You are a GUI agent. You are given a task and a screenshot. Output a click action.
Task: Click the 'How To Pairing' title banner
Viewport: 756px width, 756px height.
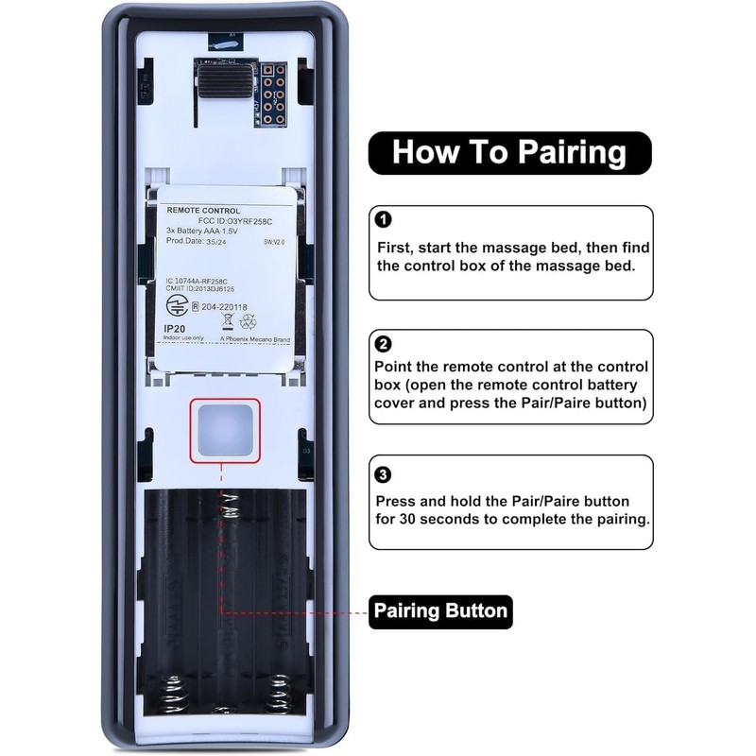point(509,152)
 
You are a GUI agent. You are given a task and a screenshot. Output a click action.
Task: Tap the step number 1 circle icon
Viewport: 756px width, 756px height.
point(383,220)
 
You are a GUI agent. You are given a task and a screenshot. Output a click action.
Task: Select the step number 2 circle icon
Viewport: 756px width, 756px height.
point(383,344)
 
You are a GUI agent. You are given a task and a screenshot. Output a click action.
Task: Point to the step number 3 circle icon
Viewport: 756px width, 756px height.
point(383,474)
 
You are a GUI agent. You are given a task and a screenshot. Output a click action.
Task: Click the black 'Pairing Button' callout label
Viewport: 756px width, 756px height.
point(440,610)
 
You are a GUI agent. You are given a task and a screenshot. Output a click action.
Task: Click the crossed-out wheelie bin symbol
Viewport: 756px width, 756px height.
point(227,321)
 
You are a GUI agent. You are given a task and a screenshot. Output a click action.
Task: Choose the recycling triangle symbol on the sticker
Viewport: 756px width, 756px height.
point(248,321)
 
